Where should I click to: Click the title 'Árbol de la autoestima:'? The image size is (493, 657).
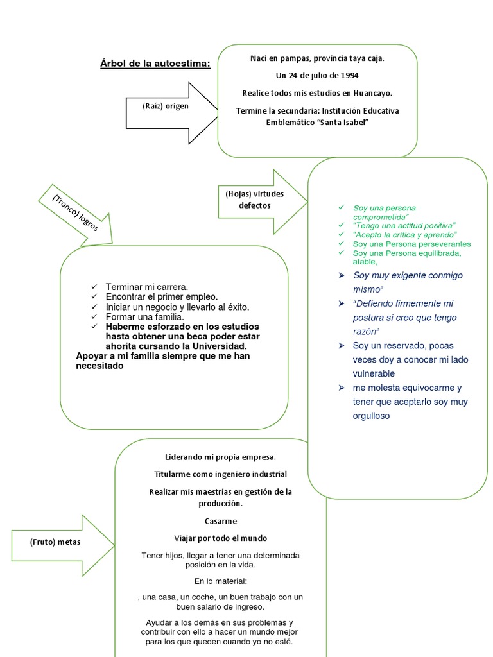[x=155, y=64]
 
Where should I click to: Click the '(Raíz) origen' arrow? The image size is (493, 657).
[x=167, y=107]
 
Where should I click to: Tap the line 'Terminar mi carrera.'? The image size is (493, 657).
[x=147, y=286]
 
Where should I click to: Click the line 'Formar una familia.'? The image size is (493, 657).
[x=145, y=317]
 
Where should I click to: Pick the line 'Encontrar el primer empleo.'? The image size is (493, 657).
[x=162, y=296]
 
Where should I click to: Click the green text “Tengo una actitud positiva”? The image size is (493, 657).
[x=404, y=226]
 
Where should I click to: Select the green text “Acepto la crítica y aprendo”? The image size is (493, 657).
[x=405, y=235]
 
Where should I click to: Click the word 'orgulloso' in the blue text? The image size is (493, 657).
[x=371, y=416]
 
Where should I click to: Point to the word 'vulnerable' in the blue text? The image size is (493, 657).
[x=374, y=373]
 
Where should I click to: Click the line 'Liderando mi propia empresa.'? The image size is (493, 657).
[x=220, y=457]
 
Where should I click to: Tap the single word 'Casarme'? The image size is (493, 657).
[x=220, y=521]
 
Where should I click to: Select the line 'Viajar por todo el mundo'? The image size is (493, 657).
[x=220, y=538]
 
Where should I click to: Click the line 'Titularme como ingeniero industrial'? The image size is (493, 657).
[x=220, y=474]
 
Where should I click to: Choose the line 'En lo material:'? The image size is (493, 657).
[x=220, y=581]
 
